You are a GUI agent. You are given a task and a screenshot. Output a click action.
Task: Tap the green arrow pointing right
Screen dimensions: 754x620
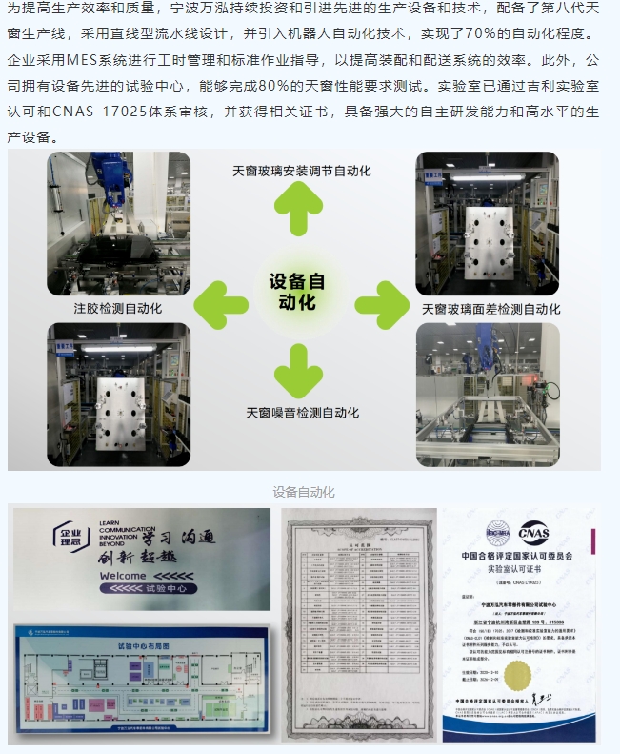point(382,305)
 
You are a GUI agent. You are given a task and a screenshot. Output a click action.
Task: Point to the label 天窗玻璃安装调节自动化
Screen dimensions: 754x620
point(301,172)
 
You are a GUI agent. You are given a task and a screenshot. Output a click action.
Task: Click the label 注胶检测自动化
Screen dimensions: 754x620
point(117,308)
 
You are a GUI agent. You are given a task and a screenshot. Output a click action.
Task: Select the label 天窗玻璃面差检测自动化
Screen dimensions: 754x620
point(490,309)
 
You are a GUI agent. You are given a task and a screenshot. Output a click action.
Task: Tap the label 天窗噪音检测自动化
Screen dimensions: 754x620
point(302,413)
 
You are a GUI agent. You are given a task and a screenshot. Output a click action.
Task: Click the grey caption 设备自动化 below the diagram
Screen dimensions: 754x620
point(304,492)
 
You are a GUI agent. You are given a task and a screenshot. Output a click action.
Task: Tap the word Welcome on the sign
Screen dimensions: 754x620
point(120,576)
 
